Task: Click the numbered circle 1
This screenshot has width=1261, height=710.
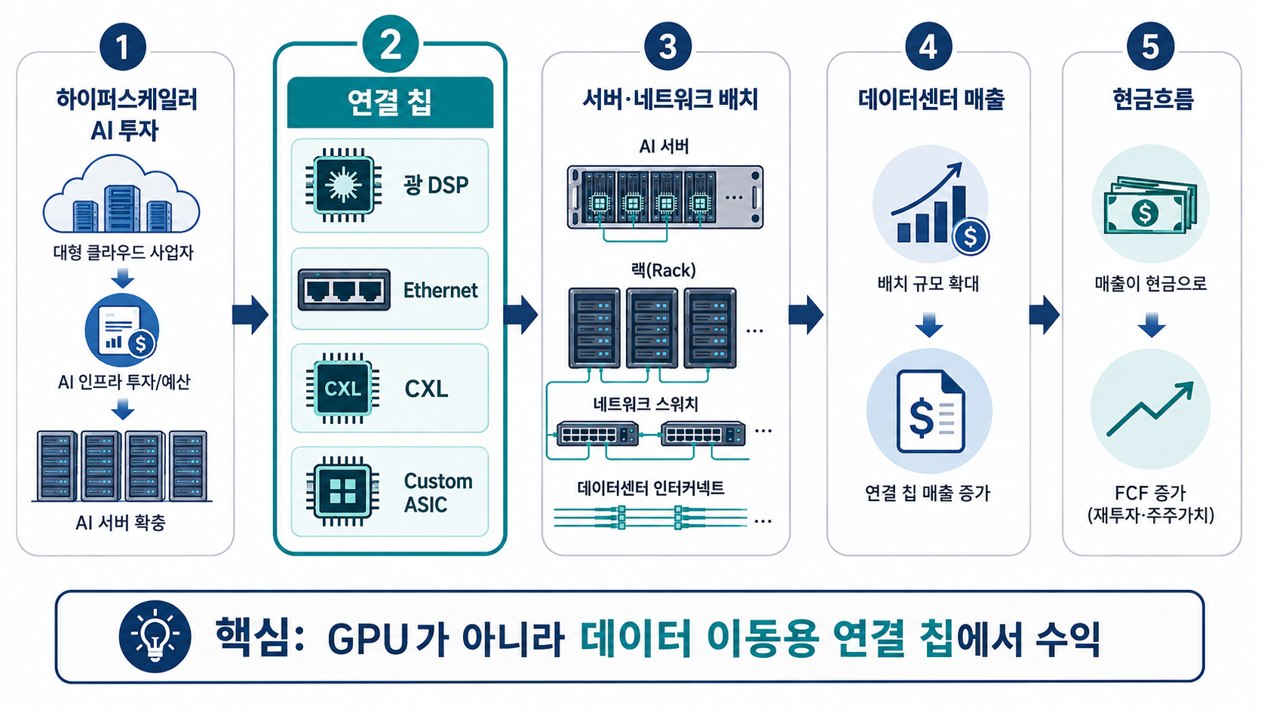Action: click(122, 47)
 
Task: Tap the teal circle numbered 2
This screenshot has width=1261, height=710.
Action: click(390, 44)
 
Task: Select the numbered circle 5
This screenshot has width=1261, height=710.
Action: click(1150, 47)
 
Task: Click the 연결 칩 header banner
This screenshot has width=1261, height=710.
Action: click(390, 103)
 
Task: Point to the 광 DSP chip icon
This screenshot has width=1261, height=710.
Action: click(343, 186)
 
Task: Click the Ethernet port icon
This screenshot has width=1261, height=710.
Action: click(344, 290)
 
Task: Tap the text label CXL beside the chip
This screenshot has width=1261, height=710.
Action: click(426, 389)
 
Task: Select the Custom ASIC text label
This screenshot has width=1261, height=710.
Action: click(438, 493)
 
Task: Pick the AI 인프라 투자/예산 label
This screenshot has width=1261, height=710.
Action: click(124, 383)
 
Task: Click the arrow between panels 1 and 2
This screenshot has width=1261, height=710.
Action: click(250, 315)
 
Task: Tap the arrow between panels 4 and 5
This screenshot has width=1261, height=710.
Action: click(1045, 315)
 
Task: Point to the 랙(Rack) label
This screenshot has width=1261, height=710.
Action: click(664, 271)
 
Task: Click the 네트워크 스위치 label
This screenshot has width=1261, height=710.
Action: click(646, 404)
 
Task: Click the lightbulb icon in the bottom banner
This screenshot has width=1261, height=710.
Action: click(155, 636)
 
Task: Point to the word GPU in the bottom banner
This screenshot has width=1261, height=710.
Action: click(367, 640)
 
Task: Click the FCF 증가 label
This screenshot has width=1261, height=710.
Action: click(1150, 493)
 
